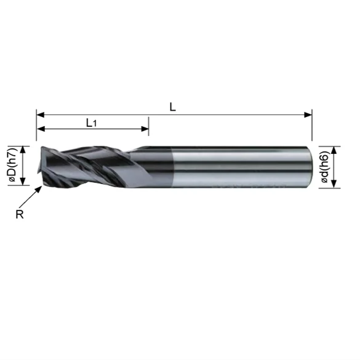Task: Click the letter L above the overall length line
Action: [x=173, y=106]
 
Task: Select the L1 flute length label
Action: [x=91, y=122]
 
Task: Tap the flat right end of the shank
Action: [x=309, y=166]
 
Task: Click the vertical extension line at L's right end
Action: [x=313, y=126]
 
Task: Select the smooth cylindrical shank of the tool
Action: [x=234, y=166]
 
